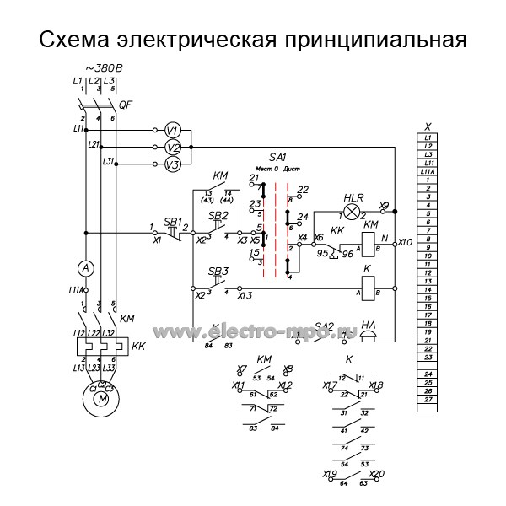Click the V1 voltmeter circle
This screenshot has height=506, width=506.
[171, 130]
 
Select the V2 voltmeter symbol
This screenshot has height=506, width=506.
[171, 147]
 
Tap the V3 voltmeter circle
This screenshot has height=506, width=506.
[171, 164]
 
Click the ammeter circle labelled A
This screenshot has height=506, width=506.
[84, 267]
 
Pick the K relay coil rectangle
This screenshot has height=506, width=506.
[368, 288]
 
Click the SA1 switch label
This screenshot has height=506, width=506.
[277, 157]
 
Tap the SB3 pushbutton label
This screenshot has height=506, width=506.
[218, 272]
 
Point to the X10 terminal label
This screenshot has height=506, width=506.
[405, 242]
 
